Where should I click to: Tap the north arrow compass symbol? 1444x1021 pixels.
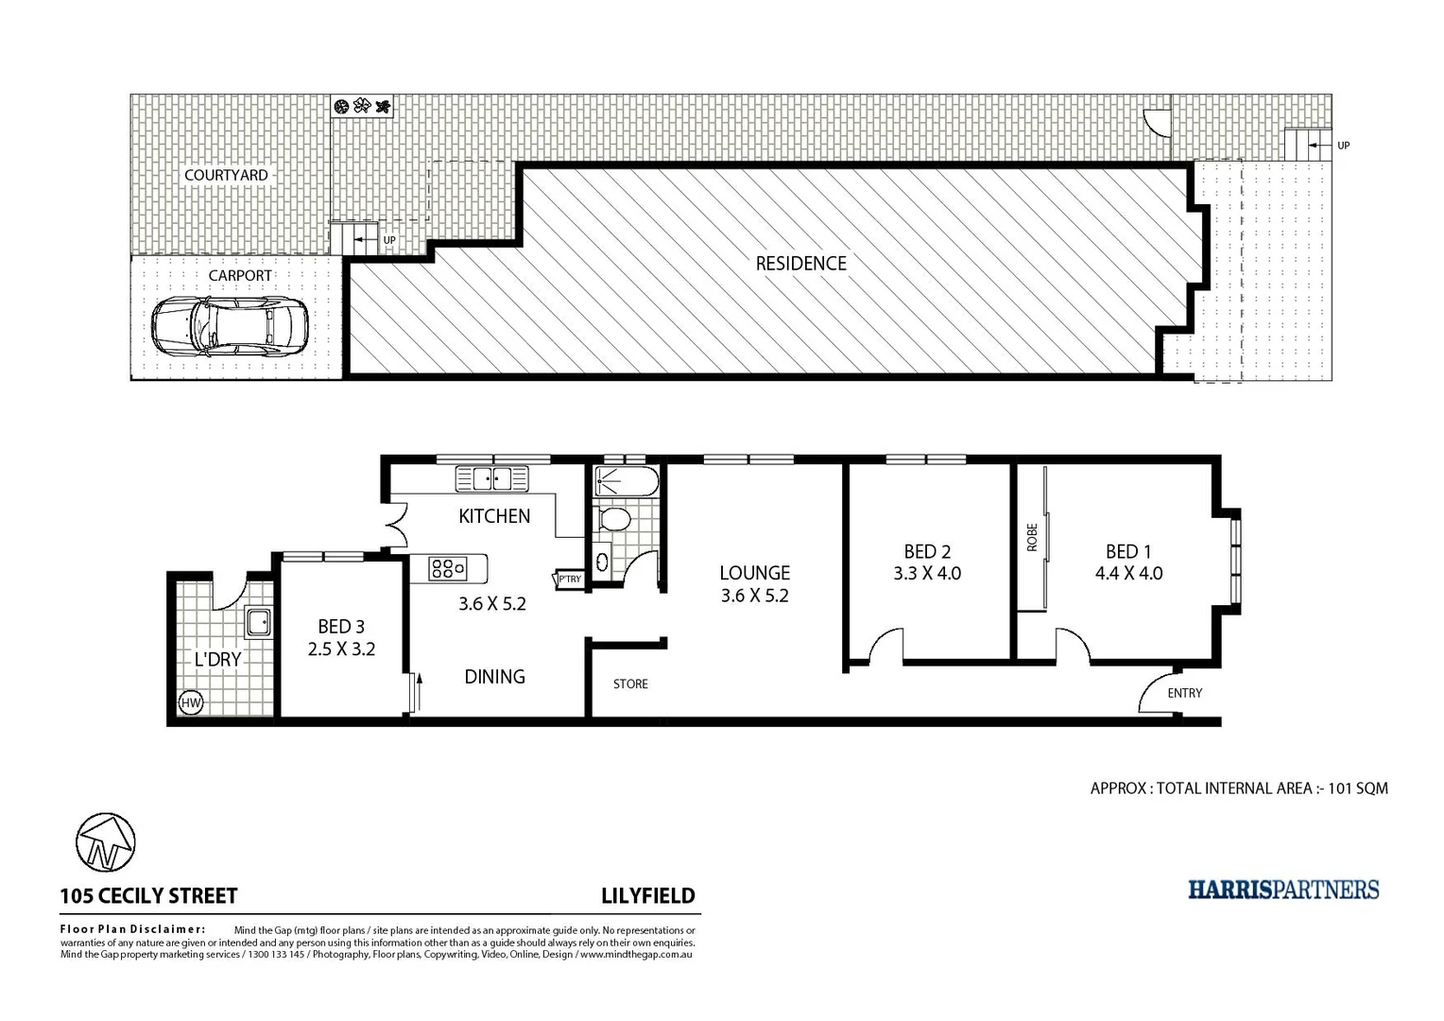click(105, 842)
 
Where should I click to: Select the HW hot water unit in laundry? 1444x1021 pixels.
click(190, 702)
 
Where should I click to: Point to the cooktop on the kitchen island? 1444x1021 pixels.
click(448, 568)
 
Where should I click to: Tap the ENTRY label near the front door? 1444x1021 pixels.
click(1184, 693)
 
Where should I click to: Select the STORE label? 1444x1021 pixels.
click(630, 684)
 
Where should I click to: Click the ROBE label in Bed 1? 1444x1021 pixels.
click(1032, 537)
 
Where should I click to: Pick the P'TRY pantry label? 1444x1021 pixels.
click(570, 580)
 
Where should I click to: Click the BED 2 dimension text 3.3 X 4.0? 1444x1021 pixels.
click(926, 573)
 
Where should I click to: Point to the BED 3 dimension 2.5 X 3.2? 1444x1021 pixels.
click(341, 649)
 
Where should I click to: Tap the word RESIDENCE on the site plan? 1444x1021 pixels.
click(800, 264)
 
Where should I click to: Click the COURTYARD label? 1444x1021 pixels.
click(226, 175)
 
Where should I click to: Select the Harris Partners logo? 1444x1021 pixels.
click(1282, 890)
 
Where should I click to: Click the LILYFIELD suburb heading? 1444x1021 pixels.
click(647, 896)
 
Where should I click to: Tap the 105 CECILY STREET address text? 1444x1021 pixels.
click(148, 896)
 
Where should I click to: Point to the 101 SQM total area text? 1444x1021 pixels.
click(1357, 787)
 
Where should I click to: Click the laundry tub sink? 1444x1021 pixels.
click(257, 622)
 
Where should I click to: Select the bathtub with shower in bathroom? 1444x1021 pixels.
click(620, 483)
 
